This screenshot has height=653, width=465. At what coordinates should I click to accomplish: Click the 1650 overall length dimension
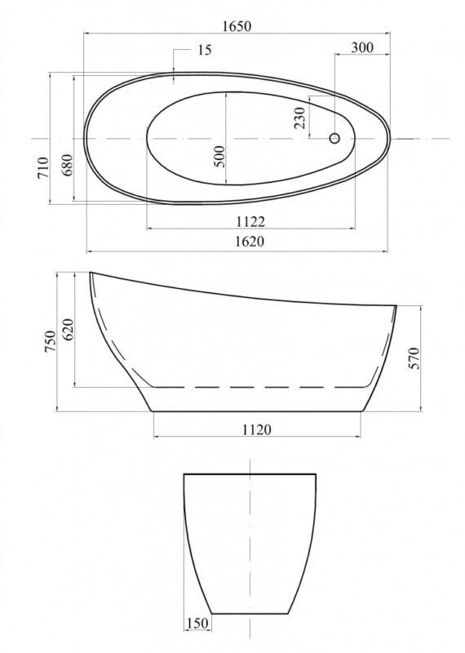coord(237,26)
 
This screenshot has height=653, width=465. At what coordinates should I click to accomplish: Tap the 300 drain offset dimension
coord(362,47)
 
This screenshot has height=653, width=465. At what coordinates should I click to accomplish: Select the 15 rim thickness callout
coord(205,50)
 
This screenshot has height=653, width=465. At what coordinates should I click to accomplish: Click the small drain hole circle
coord(334,138)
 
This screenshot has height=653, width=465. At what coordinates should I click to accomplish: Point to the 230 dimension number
coord(299,118)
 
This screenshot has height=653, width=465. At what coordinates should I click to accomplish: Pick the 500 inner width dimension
coord(219,156)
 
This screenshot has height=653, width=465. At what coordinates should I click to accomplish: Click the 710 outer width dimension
coord(44,167)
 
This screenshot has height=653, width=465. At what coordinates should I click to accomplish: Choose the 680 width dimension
coord(67,165)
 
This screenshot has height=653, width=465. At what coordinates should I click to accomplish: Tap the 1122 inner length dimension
coord(250,221)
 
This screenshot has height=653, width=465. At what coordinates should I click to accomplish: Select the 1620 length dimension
coord(250,242)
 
